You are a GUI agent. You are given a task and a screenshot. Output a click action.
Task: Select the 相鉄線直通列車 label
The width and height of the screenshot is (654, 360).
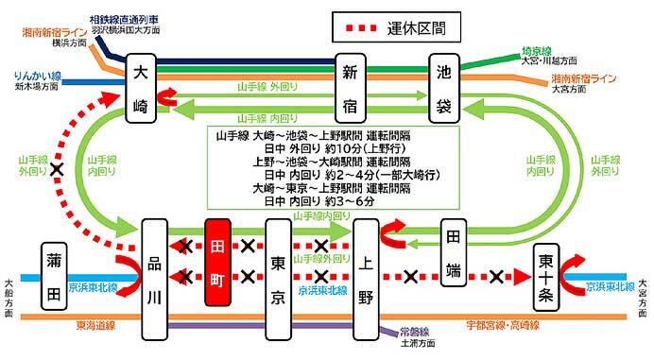click(x=123, y=18)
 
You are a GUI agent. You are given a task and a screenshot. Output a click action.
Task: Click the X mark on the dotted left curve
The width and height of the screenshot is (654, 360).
click(x=59, y=170)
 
